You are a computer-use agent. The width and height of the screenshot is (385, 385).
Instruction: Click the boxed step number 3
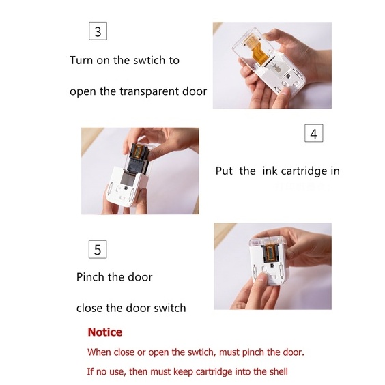(x=98, y=31)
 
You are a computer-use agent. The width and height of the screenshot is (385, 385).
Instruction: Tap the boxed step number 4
(x=313, y=133)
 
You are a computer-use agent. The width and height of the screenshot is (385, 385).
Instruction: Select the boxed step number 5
(x=98, y=249)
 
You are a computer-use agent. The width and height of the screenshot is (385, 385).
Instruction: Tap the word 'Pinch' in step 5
(x=90, y=277)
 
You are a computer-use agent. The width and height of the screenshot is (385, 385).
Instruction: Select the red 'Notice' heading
(x=105, y=332)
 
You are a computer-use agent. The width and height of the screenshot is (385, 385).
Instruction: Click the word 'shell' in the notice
(x=279, y=371)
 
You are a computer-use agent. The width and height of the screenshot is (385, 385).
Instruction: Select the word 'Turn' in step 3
(x=81, y=60)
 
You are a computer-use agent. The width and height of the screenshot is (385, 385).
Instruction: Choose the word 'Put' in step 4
(x=224, y=171)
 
